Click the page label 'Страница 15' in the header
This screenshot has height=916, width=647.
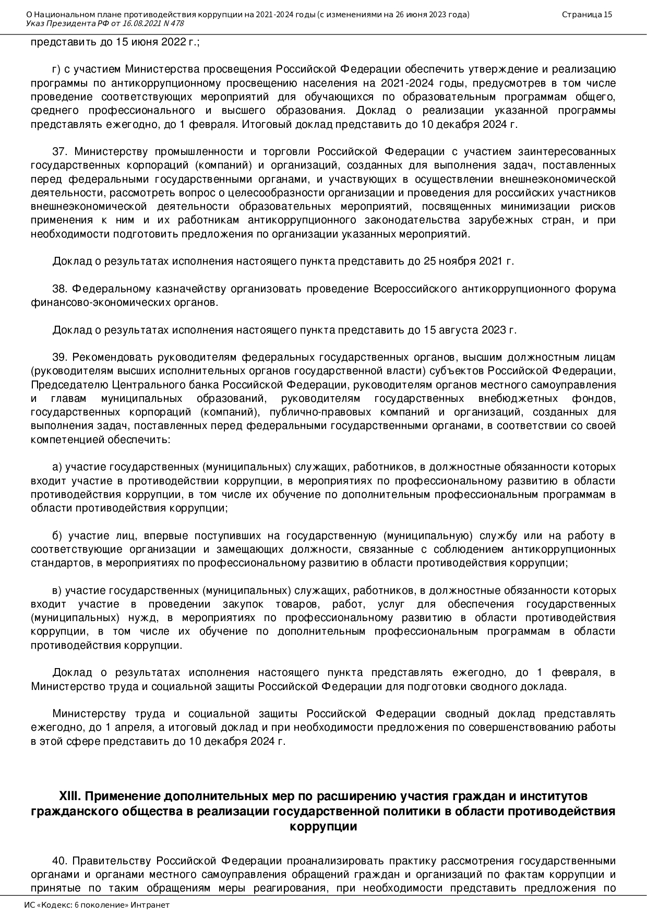point(586,15)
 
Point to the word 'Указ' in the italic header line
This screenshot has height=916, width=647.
point(34,23)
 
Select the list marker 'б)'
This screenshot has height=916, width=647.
point(57,536)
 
